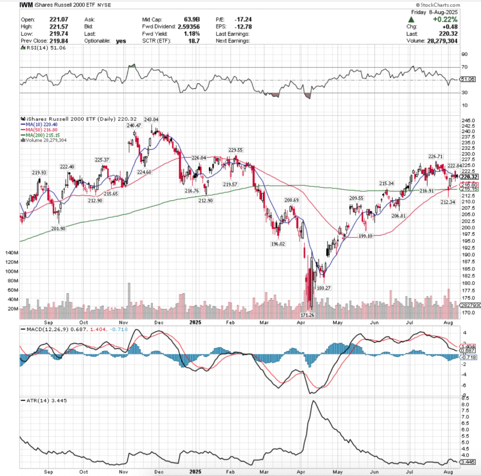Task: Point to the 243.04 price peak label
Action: tap(151, 120)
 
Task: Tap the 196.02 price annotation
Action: tap(279, 244)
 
